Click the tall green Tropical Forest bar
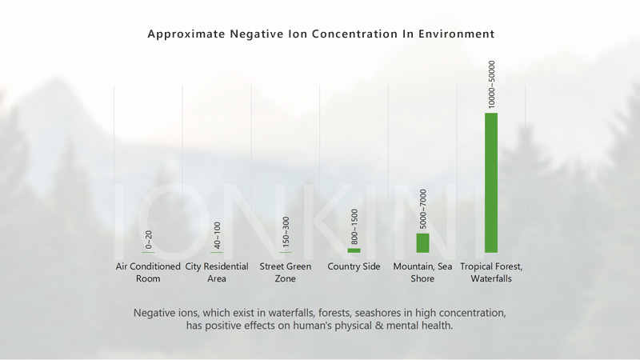pyautogui.click(x=491, y=182)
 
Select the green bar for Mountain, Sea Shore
pyautogui.click(x=422, y=242)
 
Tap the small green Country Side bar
pyautogui.click(x=354, y=250)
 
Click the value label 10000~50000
pyautogui.click(x=491, y=83)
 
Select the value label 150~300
pyautogui.click(x=286, y=232)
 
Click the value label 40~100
pyautogui.click(x=217, y=236)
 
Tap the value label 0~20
pyautogui.click(x=148, y=239)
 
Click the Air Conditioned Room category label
pyautogui.click(x=148, y=272)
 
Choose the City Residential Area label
pyautogui.click(x=217, y=272)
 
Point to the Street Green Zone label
pyautogui.click(x=286, y=272)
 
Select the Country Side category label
pyautogui.click(x=354, y=266)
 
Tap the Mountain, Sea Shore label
pyautogui.click(x=422, y=272)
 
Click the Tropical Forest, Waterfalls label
pyautogui.click(x=491, y=272)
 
